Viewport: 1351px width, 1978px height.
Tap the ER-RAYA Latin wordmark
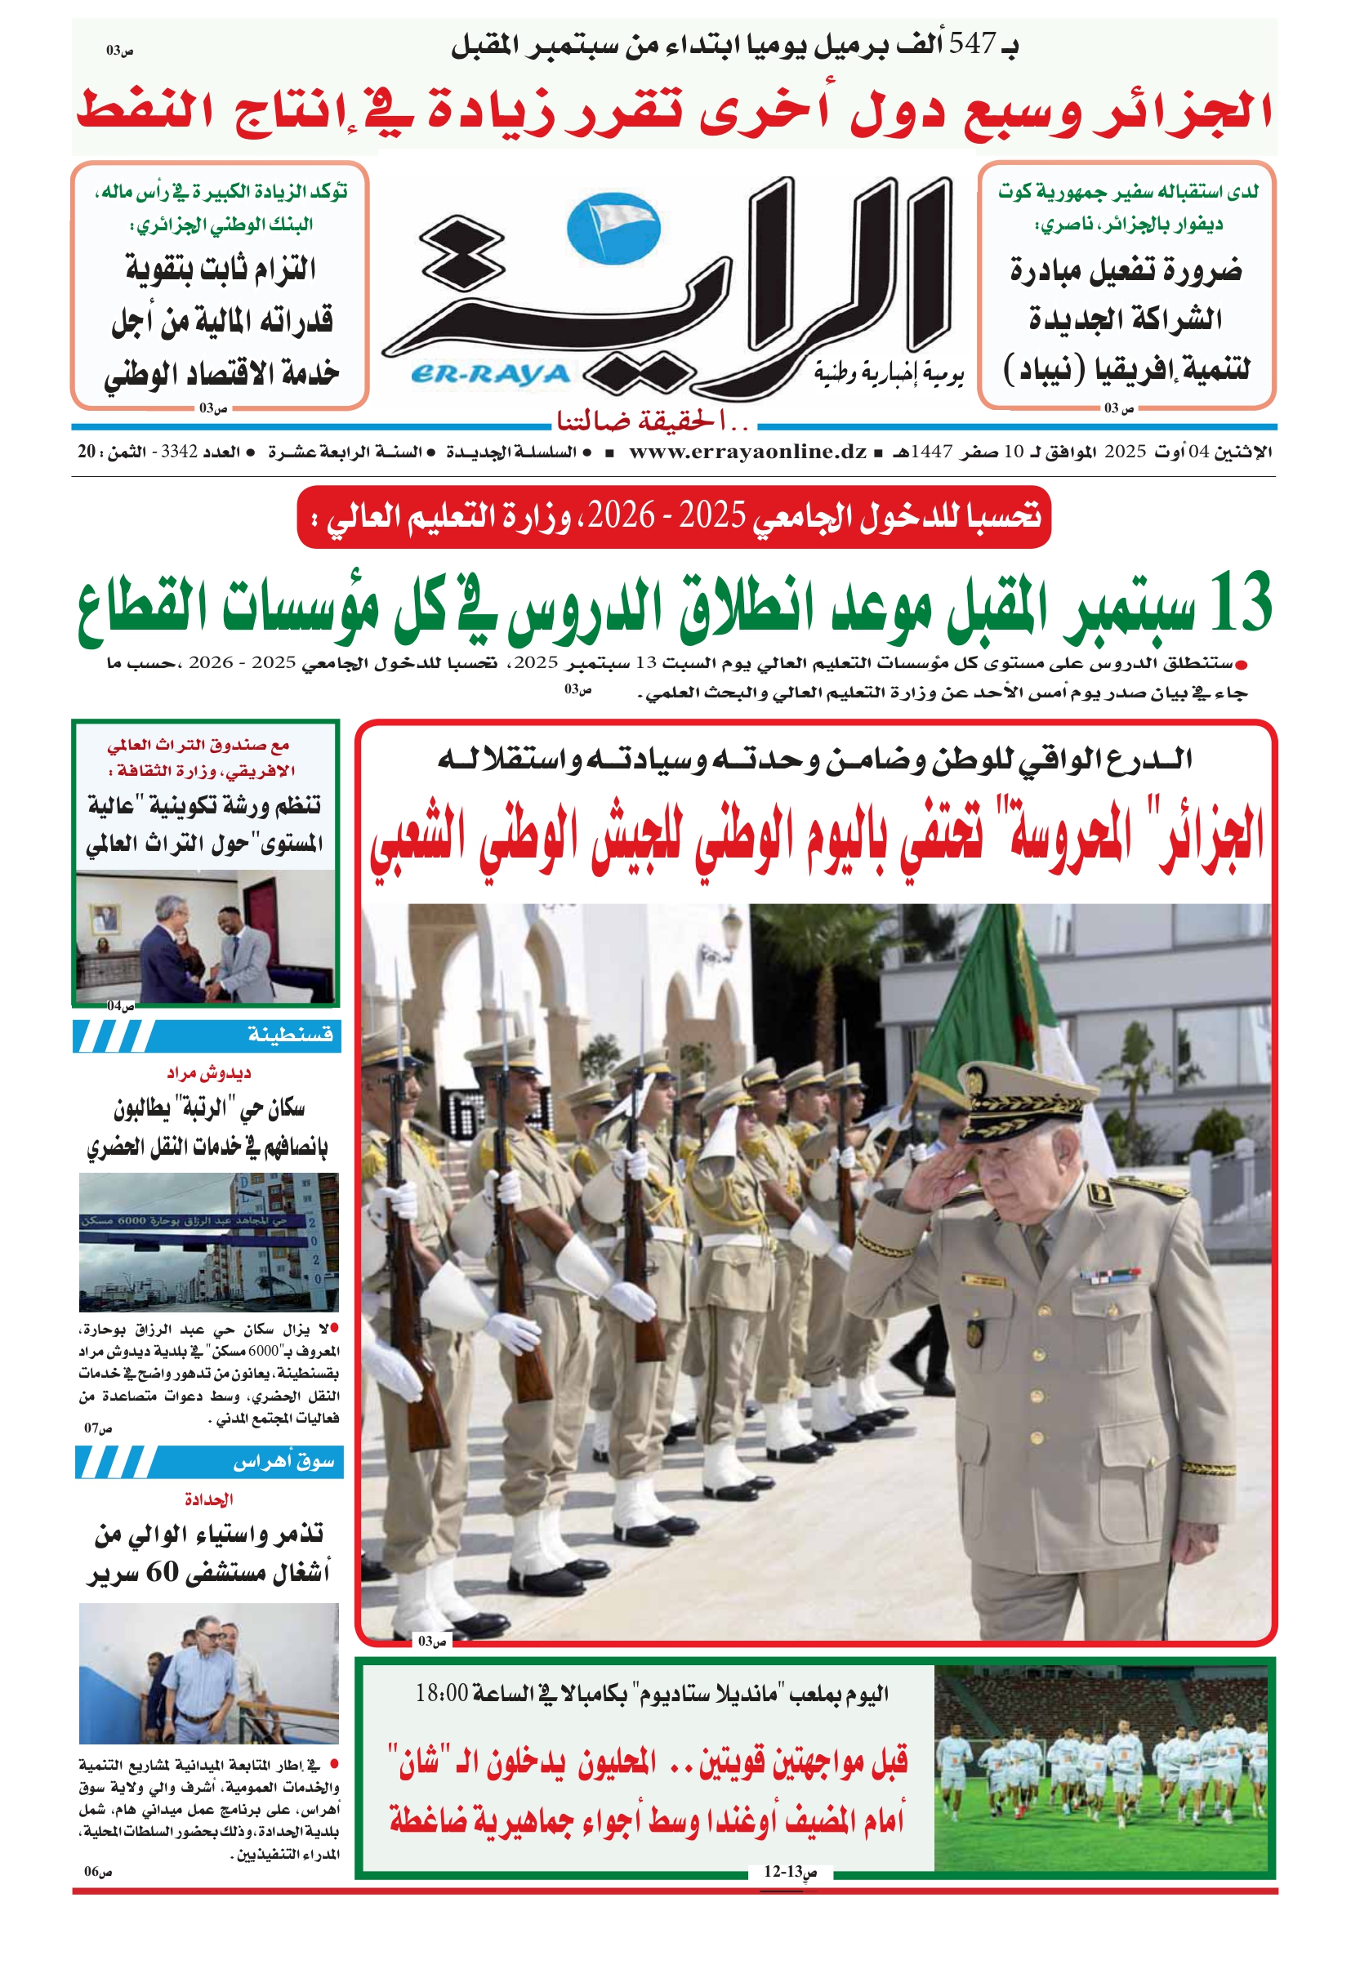click(x=489, y=375)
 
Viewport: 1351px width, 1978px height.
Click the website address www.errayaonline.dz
click(x=747, y=452)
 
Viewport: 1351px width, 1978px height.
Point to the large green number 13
click(x=1238, y=603)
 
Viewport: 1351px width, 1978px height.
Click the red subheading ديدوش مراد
click(x=208, y=1072)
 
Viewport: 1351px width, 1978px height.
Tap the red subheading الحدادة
click(x=208, y=1499)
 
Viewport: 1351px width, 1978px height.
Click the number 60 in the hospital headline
click(x=163, y=1572)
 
